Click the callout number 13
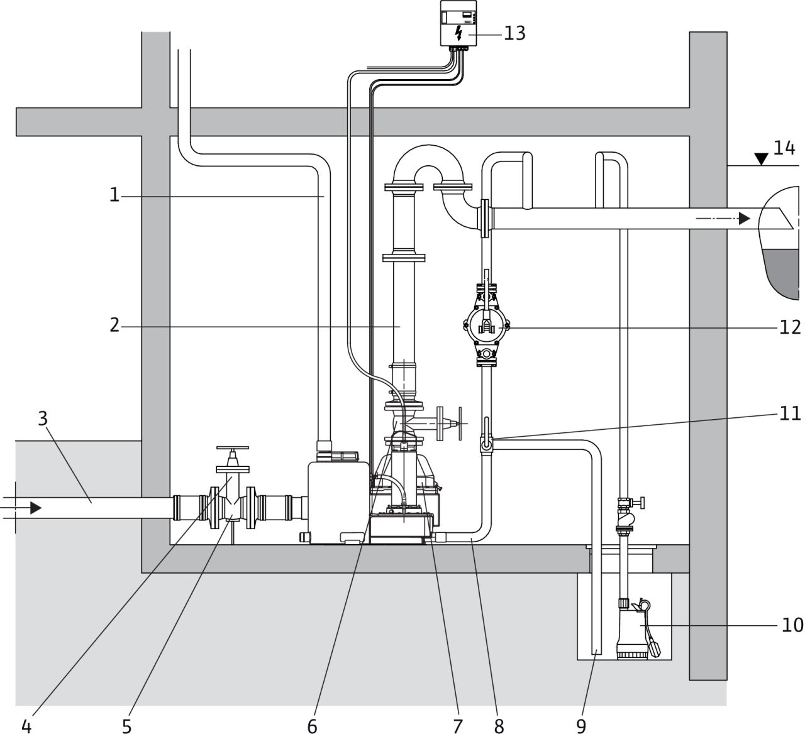[514, 33]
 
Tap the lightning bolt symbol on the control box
[458, 33]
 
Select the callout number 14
[784, 148]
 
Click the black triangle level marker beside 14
[761, 159]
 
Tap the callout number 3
[43, 419]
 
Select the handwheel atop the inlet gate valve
[232, 448]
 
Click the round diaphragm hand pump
[486, 327]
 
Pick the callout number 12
[790, 327]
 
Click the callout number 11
[790, 413]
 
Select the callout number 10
[792, 625]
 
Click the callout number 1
[114, 195]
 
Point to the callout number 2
[114, 325]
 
